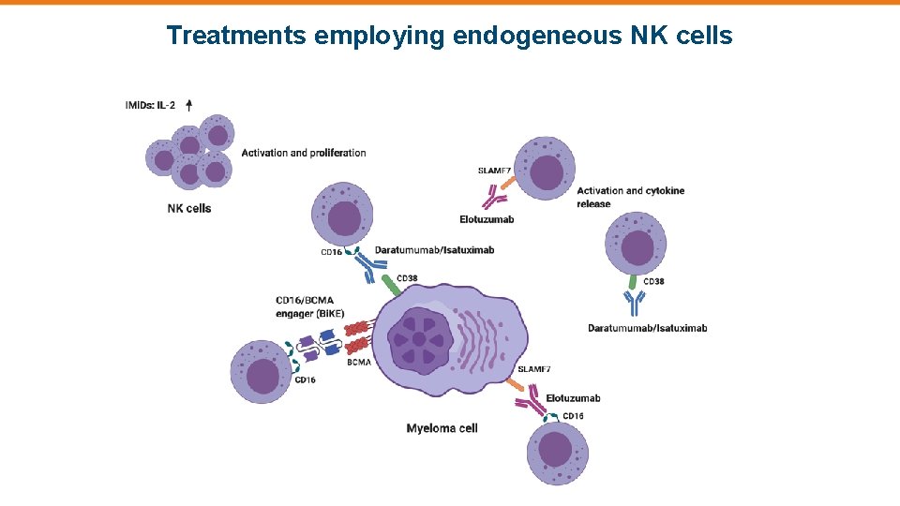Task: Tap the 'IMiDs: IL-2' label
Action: (x=150, y=105)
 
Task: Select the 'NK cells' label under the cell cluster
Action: (x=189, y=208)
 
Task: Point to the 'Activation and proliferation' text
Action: (x=304, y=153)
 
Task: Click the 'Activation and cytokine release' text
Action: (x=630, y=197)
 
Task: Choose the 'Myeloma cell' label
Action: (x=442, y=428)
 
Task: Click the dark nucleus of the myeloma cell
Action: (x=418, y=338)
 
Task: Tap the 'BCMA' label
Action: (x=358, y=362)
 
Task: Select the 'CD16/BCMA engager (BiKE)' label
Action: (x=309, y=306)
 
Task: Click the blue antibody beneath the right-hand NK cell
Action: (x=636, y=303)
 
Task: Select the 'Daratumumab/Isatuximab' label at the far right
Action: (x=647, y=328)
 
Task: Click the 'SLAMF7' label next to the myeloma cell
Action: (x=534, y=369)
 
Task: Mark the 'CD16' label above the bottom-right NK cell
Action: (x=573, y=416)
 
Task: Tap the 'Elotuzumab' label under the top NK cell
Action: (x=487, y=219)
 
